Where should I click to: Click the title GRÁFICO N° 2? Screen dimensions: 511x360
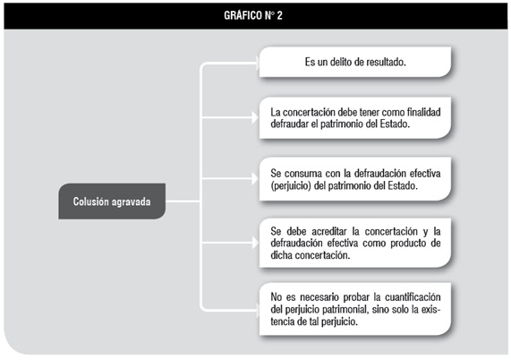coord(253,15)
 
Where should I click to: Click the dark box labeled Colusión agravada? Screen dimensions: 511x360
coord(112,201)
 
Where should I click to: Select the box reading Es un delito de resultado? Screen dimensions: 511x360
coord(355,62)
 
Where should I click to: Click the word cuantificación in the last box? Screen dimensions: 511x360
coord(413,297)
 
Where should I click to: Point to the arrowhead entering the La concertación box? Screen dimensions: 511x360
coord(255,117)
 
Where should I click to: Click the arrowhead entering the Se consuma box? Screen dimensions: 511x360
coord(255,178)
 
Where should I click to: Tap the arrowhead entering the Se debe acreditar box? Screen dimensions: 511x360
coord(255,243)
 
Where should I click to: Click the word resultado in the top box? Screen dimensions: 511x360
coord(386,62)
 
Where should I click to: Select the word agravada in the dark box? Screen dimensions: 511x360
coord(131,201)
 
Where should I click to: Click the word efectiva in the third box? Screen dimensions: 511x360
coord(424,173)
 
